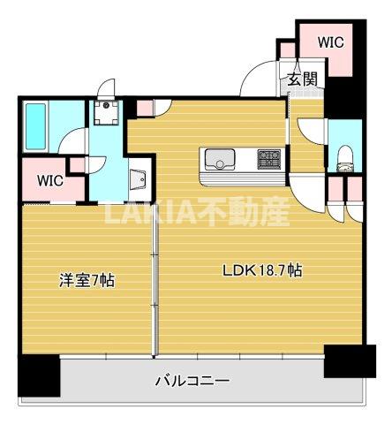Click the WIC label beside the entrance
point(330,42)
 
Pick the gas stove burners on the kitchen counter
point(269,159)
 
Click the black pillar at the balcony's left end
point(39,375)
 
